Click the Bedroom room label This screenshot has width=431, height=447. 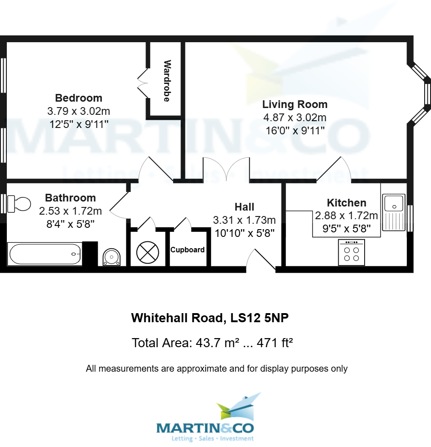pos(79,98)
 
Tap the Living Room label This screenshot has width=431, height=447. pos(295,104)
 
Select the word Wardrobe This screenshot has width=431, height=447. pos(166,81)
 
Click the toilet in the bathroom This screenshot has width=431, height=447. pos(19,204)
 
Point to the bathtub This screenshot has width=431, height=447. pos(45,254)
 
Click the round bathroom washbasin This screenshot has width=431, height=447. pos(111,257)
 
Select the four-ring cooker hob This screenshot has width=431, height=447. pos(351,252)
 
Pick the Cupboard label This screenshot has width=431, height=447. pos(187,250)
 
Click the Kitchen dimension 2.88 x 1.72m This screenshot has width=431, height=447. pos(346,215)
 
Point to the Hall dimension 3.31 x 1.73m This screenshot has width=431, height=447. pos(244,220)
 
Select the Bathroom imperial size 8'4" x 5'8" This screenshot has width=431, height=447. pos(70,224)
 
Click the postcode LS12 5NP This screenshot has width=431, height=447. pos(260,318)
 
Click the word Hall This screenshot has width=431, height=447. pos(244,207)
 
